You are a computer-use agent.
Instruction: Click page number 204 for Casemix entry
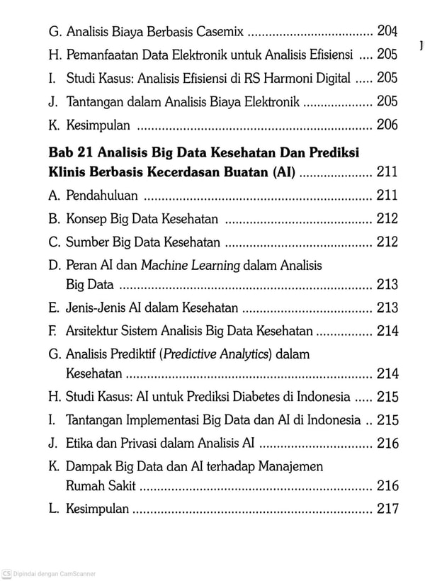coord(387,31)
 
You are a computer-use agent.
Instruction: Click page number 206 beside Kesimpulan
coord(387,125)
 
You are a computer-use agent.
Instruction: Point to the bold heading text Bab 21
coord(71,153)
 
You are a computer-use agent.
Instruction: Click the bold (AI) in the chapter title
coord(283,171)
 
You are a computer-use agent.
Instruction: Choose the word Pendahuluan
coord(102,196)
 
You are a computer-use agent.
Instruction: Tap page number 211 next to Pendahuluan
coord(387,196)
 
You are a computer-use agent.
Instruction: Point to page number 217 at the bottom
coord(387,509)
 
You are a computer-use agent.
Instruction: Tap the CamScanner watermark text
coord(53,574)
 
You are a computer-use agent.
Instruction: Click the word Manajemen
coord(288,466)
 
